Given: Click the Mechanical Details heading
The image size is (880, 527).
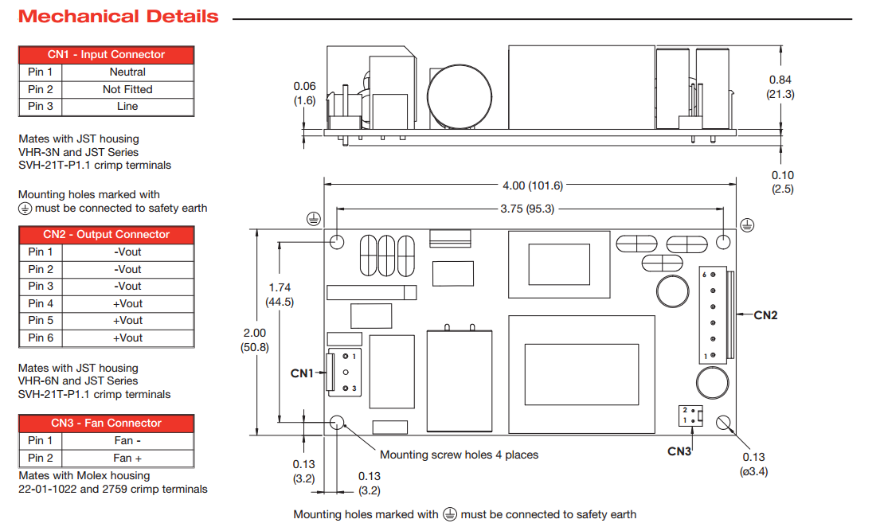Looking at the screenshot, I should (118, 17).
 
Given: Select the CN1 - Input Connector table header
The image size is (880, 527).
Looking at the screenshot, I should (106, 54).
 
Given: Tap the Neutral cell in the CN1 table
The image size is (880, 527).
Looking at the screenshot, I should (127, 72).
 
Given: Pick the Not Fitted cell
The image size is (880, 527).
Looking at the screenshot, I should (127, 89).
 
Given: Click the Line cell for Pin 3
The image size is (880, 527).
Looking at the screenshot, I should (127, 106).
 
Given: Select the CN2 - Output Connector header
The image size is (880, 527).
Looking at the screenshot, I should (106, 234).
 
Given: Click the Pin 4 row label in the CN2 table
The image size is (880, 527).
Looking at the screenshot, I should (41, 303).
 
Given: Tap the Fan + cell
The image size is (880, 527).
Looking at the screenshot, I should (127, 458).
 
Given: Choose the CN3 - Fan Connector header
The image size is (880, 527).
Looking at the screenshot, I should (106, 423).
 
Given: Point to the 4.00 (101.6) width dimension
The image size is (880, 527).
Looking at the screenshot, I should (532, 185).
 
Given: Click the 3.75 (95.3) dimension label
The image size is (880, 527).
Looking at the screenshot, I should (532, 209).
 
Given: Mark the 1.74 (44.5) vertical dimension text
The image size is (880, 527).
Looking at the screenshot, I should (280, 294).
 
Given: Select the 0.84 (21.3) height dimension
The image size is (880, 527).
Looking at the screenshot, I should (781, 86).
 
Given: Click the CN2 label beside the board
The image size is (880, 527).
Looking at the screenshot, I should (765, 315).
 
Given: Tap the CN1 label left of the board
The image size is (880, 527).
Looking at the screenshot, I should (302, 373).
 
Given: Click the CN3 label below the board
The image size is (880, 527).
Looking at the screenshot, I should (679, 451).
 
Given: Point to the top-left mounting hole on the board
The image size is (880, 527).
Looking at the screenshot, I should (338, 241).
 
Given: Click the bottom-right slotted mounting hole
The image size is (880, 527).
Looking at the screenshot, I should (724, 424).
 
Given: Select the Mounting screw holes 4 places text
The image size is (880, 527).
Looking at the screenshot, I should (459, 455).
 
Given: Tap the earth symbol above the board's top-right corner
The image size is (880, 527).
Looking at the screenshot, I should (746, 224).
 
